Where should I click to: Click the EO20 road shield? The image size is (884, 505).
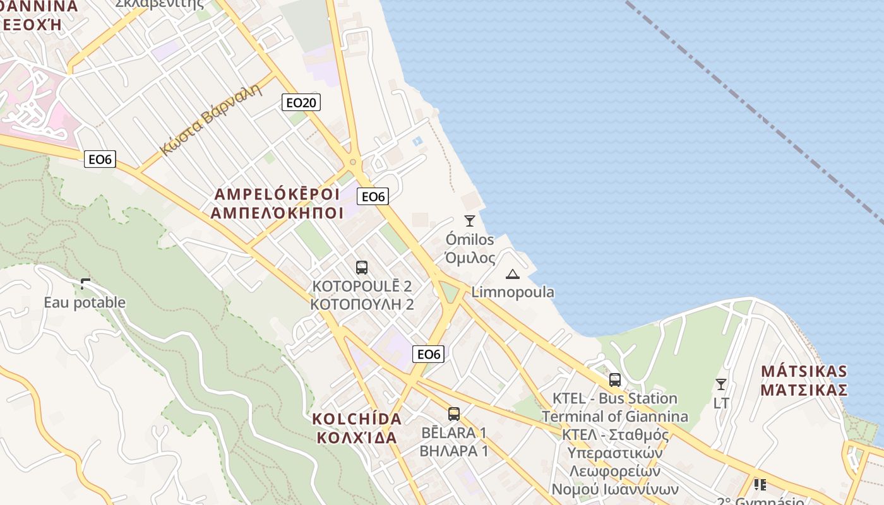301,102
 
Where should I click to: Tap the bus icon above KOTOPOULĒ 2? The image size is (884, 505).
362,268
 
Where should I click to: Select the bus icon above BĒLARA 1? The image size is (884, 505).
454,414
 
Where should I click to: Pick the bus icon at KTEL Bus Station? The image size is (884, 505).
615,380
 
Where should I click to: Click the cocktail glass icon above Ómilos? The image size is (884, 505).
469,220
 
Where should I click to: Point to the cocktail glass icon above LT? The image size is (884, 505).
720,384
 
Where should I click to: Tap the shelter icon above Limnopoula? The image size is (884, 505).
512,274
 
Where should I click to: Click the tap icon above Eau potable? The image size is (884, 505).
85,284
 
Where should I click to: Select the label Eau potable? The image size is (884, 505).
85,302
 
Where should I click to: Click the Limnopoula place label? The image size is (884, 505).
513,292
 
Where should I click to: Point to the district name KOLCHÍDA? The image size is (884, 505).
357,419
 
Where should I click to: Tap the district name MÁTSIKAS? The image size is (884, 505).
804,371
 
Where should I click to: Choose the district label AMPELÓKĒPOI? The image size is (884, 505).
277,193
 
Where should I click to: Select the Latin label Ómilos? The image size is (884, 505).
470,240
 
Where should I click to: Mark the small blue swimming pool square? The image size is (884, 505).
417,141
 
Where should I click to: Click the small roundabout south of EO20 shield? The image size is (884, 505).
352,162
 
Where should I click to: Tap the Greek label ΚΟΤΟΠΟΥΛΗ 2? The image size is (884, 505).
362,304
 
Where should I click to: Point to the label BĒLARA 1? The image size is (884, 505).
453,433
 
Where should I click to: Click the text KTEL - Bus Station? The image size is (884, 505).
614,398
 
